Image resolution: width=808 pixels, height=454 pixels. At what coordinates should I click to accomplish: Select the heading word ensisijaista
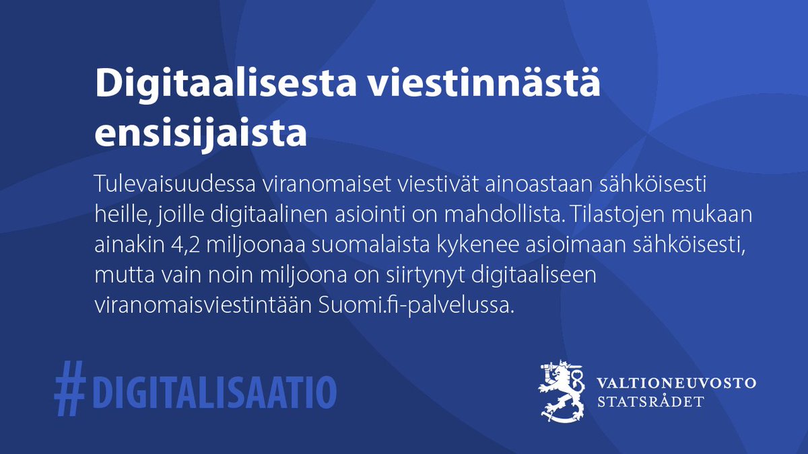coord(201,133)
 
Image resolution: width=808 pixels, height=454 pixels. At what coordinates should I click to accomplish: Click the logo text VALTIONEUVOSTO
coord(676,383)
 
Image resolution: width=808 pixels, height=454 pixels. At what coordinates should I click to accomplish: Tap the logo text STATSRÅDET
coord(651,402)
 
